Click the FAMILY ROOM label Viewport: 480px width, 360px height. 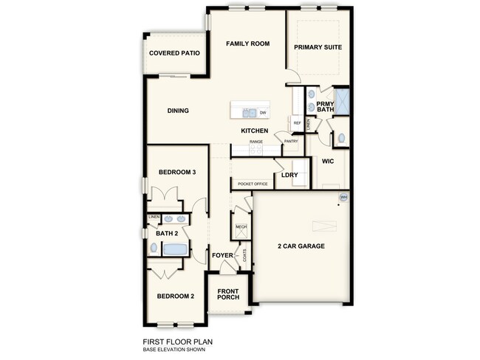tap(247, 44)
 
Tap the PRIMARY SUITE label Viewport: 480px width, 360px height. tap(319, 47)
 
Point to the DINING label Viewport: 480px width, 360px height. tap(178, 111)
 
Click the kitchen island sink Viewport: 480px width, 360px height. tap(249, 113)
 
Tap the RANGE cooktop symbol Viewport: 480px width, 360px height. tap(256, 149)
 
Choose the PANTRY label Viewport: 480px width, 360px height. tap(291, 141)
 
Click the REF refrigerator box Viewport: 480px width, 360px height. tap(297, 122)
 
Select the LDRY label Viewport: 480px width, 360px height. tap(289, 176)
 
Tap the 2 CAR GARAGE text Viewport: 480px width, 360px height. tap(301, 246)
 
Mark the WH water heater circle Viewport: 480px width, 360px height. tap(343, 197)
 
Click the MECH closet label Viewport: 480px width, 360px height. tap(241, 227)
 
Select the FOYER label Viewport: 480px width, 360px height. tap(222, 256)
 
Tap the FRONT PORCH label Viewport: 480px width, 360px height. tap(228, 295)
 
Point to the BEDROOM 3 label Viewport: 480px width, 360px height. tap(177, 173)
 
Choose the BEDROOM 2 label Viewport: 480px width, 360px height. tap(176, 297)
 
